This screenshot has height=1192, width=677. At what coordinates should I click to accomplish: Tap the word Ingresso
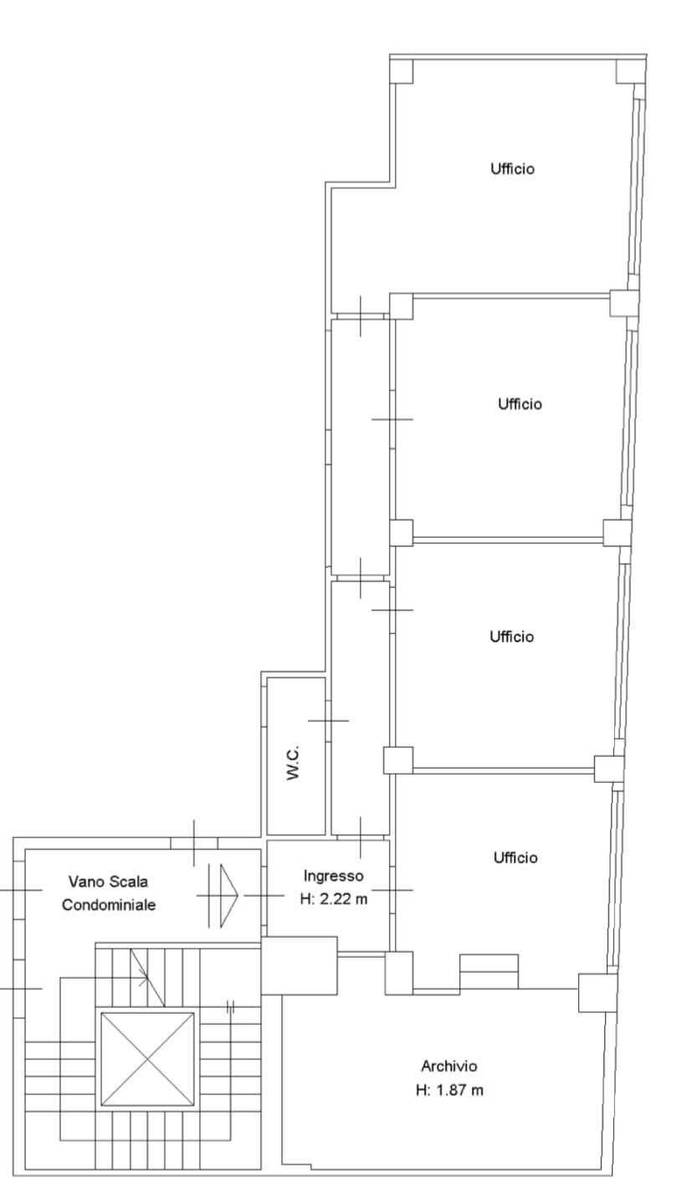[333, 876]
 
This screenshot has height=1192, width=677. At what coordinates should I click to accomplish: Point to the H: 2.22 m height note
[333, 900]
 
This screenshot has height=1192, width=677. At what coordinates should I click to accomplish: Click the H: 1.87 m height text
[449, 1090]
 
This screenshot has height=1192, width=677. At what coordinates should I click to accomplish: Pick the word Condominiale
[109, 904]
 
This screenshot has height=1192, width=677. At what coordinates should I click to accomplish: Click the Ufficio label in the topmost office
[512, 169]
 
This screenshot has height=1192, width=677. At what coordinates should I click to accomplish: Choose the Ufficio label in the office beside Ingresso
[515, 857]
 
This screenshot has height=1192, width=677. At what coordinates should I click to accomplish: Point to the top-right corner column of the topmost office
[631, 71]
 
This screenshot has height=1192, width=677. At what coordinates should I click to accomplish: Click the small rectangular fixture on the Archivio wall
[489, 972]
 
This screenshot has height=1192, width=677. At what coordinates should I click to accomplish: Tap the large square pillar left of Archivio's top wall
[299, 964]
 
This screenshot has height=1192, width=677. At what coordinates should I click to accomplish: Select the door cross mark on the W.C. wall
[328, 720]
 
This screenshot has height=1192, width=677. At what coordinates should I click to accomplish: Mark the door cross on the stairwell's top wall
[194, 842]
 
